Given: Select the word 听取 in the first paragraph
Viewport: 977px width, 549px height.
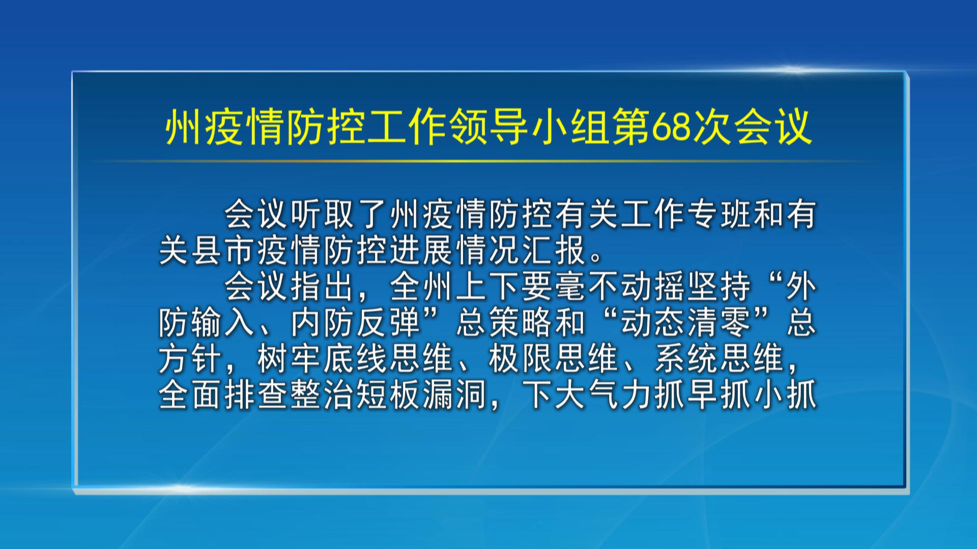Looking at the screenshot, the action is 323,214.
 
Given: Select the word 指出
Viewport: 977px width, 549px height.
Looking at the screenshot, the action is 323,287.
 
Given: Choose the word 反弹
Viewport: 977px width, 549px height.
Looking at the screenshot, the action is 389,323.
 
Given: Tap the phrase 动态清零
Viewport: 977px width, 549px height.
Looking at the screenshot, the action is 686,323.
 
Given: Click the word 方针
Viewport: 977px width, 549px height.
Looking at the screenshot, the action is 190,359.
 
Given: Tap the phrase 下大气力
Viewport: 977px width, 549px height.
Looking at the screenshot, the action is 587,395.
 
